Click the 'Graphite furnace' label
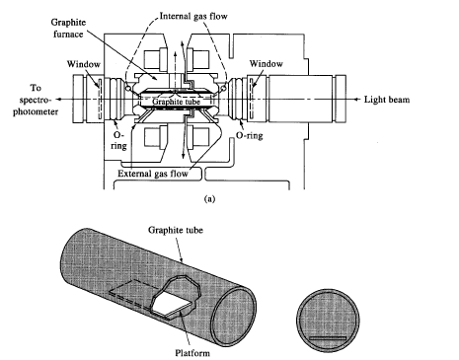click(x=68, y=29)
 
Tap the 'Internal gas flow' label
click(x=193, y=16)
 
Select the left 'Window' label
click(x=84, y=64)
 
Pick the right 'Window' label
click(x=266, y=63)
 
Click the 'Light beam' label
click(x=387, y=100)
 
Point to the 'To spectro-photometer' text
click(x=36, y=100)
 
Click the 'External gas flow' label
click(x=153, y=174)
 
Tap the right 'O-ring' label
click(x=250, y=135)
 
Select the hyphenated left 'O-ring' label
click(x=118, y=140)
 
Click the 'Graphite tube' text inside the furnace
click(x=176, y=102)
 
